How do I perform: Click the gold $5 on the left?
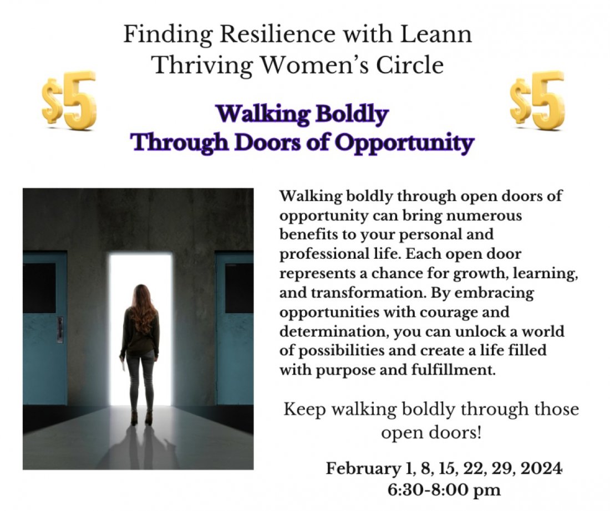(x=69, y=100)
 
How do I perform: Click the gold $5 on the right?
(x=537, y=100)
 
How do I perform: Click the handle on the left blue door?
(x=59, y=329)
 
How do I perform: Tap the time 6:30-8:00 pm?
(x=445, y=490)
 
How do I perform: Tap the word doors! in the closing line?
(x=455, y=432)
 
